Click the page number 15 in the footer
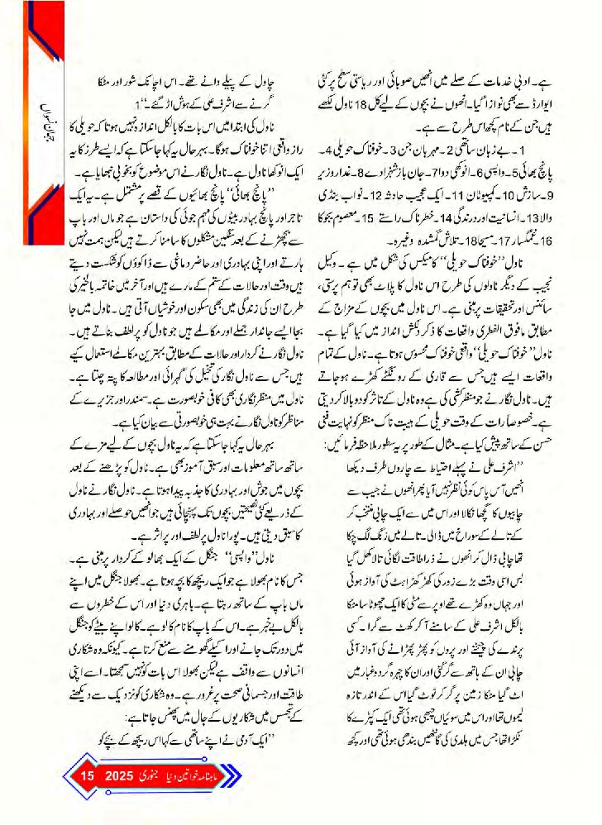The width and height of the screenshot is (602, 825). [x=89, y=777]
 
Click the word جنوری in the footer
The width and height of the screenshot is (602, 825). [x=156, y=777]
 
